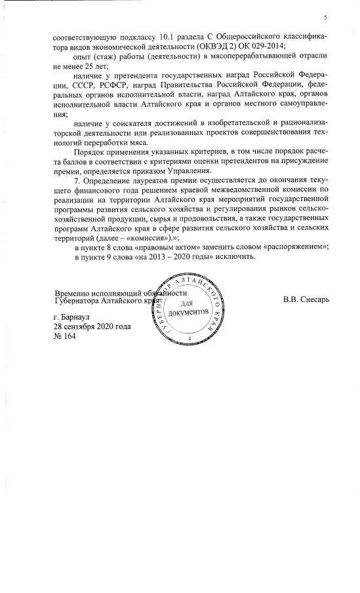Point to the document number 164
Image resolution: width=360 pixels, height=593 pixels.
pos(71,335)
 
